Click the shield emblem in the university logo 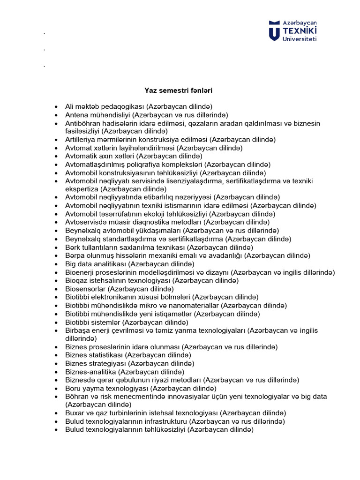coord(274,30)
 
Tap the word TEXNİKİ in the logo coord(300,30)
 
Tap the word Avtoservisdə coord(86,222)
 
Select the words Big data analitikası coord(96,264)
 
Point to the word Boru coord(73,389)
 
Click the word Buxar coord(75,413)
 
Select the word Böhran coord(76,397)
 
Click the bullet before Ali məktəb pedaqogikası coord(57,107)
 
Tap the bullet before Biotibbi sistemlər coord(57,322)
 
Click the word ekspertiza coord(82,189)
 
